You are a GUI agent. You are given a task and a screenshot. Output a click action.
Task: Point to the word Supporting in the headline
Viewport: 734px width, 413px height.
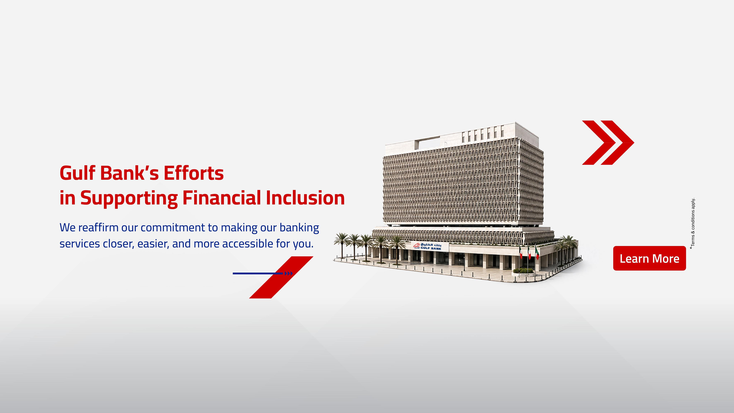click(129, 198)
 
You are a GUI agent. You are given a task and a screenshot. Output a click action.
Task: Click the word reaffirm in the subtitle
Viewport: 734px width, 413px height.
click(98, 228)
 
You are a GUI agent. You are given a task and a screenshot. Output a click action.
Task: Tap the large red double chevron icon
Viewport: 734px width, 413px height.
click(608, 142)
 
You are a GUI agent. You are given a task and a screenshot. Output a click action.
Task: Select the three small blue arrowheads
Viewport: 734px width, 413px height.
click(289, 273)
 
